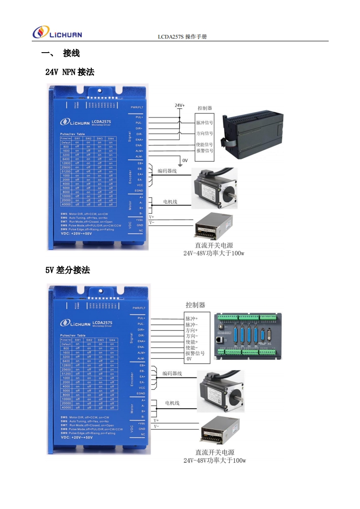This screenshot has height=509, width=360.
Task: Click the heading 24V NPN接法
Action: pyautogui.click(x=70, y=72)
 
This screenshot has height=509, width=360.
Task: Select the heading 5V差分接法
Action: pyautogui.click(x=68, y=270)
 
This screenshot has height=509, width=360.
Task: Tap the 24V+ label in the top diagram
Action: pyautogui.click(x=180, y=106)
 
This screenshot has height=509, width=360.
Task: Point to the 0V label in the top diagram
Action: pyautogui.click(x=185, y=160)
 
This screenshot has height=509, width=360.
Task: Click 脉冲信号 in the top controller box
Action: pyautogui.click(x=204, y=123)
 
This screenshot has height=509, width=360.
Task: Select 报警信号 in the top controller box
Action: pyautogui.click(x=204, y=151)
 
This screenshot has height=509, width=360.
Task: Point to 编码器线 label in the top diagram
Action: pyautogui.click(x=167, y=171)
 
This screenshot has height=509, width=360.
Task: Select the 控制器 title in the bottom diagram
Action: pyautogui.click(x=195, y=305)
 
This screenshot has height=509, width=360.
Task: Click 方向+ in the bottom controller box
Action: pyautogui.click(x=192, y=330)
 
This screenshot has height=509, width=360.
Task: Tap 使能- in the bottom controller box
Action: pyautogui.click(x=192, y=347)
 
